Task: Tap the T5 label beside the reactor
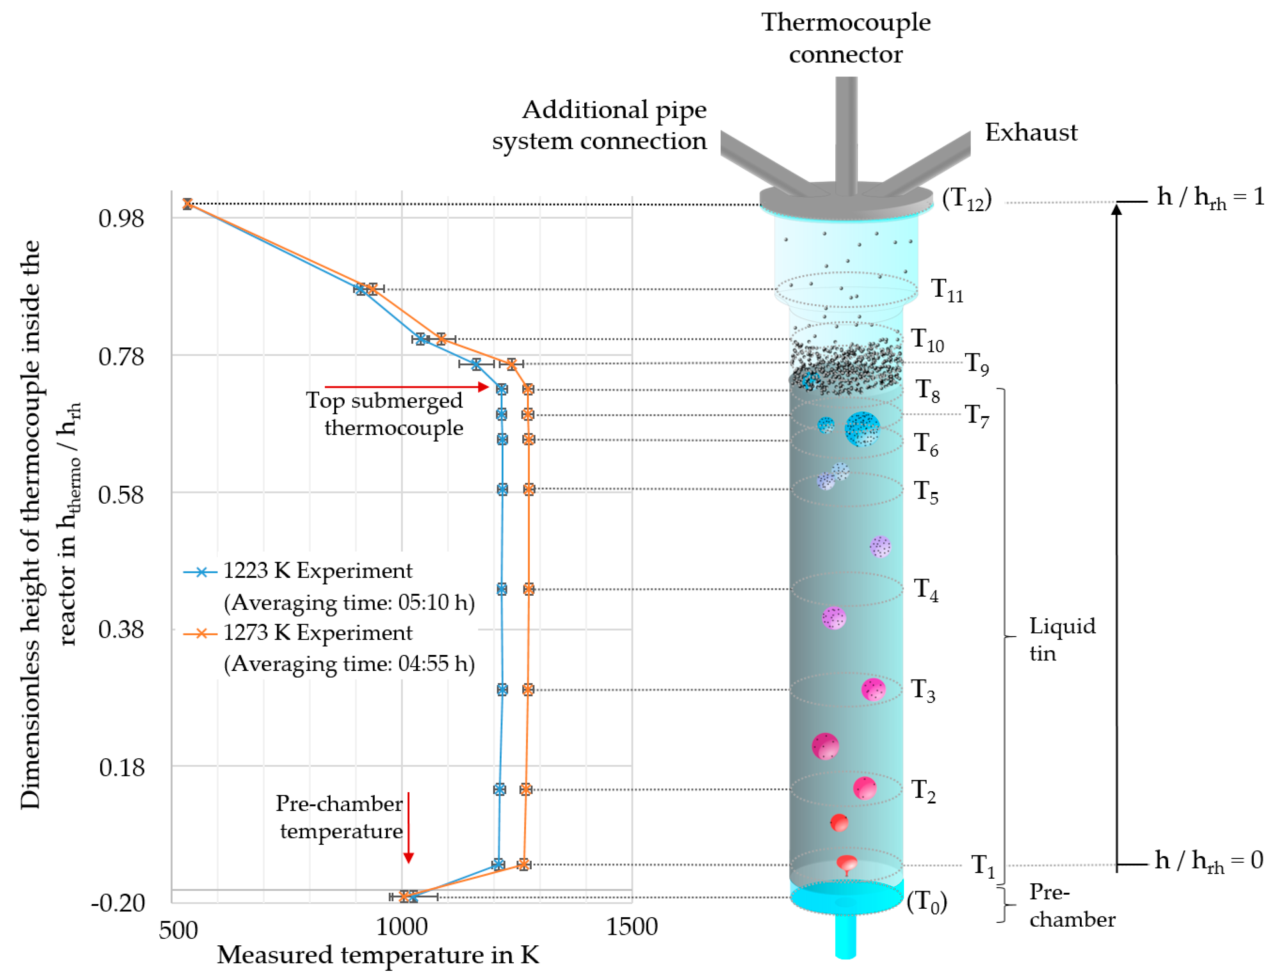[925, 492]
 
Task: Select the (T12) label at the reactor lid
[966, 199]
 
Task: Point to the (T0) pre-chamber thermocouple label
[927, 902]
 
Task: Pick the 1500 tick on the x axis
[631, 926]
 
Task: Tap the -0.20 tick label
[118, 902]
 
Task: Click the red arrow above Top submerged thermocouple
[406, 387]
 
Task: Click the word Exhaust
[1031, 133]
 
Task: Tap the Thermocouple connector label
[846, 38]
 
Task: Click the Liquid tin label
[1062, 639]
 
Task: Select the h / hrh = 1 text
[1210, 197]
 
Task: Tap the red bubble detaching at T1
[847, 863]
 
